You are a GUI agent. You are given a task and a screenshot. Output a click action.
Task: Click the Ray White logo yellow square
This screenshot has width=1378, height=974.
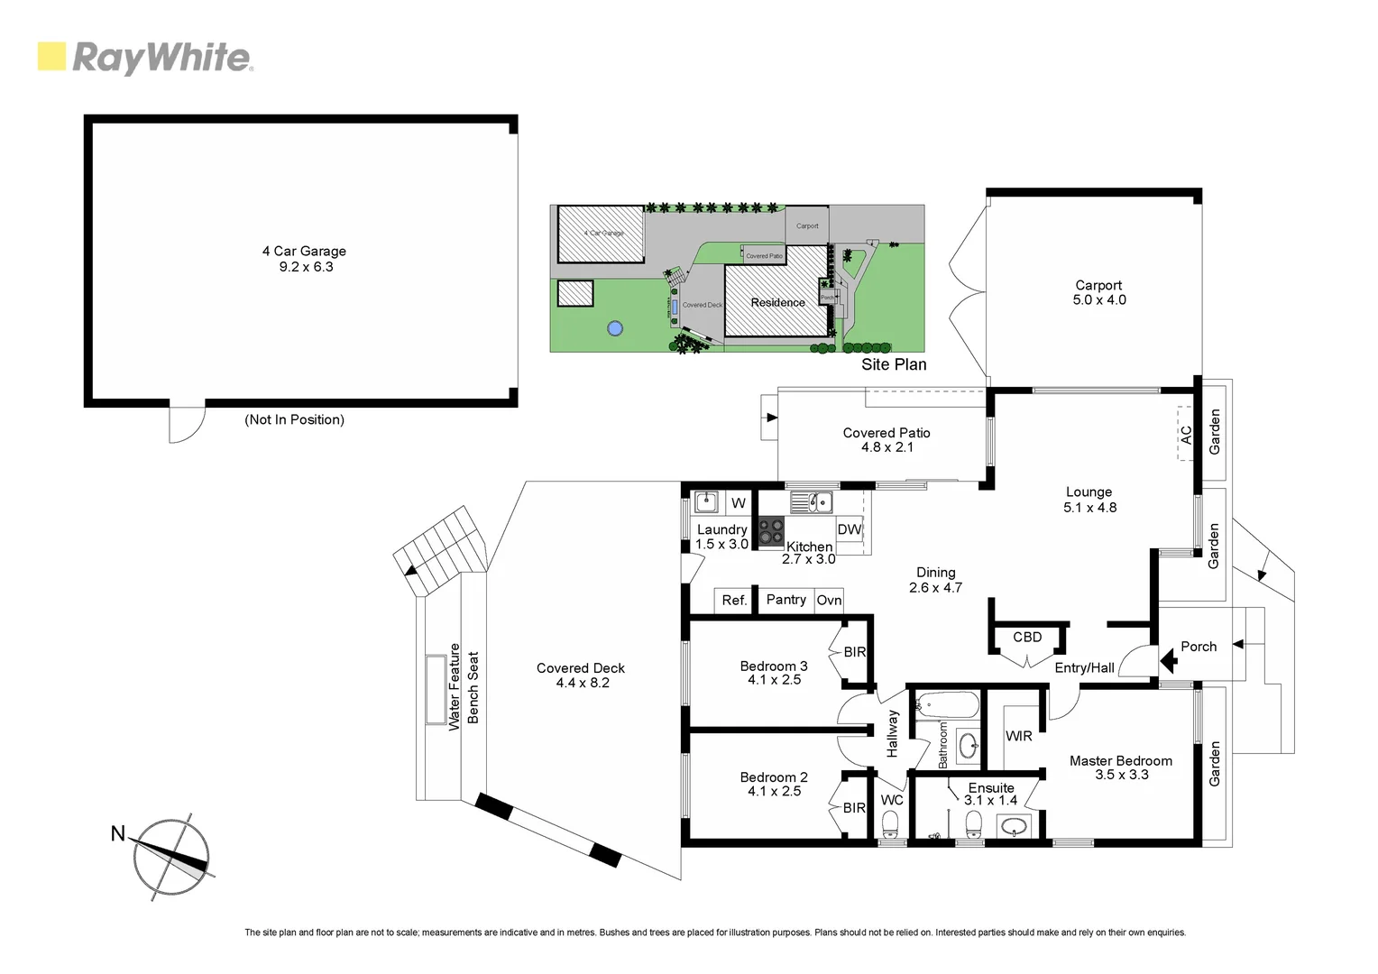(51, 56)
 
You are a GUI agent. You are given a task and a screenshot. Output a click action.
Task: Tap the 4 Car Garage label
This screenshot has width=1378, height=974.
(304, 252)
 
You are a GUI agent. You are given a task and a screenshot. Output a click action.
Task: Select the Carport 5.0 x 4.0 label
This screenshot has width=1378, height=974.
(1098, 292)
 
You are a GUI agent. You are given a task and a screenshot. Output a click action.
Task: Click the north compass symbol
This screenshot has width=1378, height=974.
(170, 858)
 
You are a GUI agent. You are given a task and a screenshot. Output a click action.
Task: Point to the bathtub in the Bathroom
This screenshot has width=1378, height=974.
(946, 705)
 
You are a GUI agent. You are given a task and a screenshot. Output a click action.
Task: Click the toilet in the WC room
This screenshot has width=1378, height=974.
(891, 823)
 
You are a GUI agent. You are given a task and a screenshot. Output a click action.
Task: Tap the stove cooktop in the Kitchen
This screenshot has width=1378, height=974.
(770, 531)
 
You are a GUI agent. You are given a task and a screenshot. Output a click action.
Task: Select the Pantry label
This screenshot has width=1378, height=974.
(785, 600)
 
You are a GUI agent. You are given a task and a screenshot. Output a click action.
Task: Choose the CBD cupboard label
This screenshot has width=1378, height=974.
(1027, 637)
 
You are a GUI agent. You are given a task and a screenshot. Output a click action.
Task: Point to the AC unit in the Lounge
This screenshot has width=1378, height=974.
(1187, 434)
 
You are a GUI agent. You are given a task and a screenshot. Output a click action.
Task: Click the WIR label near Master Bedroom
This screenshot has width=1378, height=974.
(1019, 736)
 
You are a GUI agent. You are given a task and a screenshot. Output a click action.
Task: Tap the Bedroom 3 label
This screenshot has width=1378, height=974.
(773, 666)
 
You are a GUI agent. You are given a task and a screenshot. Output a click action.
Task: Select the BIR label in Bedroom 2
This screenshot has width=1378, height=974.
(854, 808)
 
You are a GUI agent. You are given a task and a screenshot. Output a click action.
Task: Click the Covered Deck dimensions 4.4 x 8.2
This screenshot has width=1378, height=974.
(582, 683)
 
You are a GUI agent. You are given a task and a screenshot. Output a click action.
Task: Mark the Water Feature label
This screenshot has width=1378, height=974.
(455, 686)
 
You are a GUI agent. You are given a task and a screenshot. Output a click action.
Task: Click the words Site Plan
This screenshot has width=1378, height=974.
(893, 364)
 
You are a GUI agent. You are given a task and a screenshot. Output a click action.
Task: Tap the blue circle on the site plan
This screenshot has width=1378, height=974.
(614, 328)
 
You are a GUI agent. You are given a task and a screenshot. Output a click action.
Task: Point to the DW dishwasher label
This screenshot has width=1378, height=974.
(849, 529)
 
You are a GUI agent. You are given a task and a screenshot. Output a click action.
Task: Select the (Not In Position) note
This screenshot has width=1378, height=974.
(294, 419)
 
